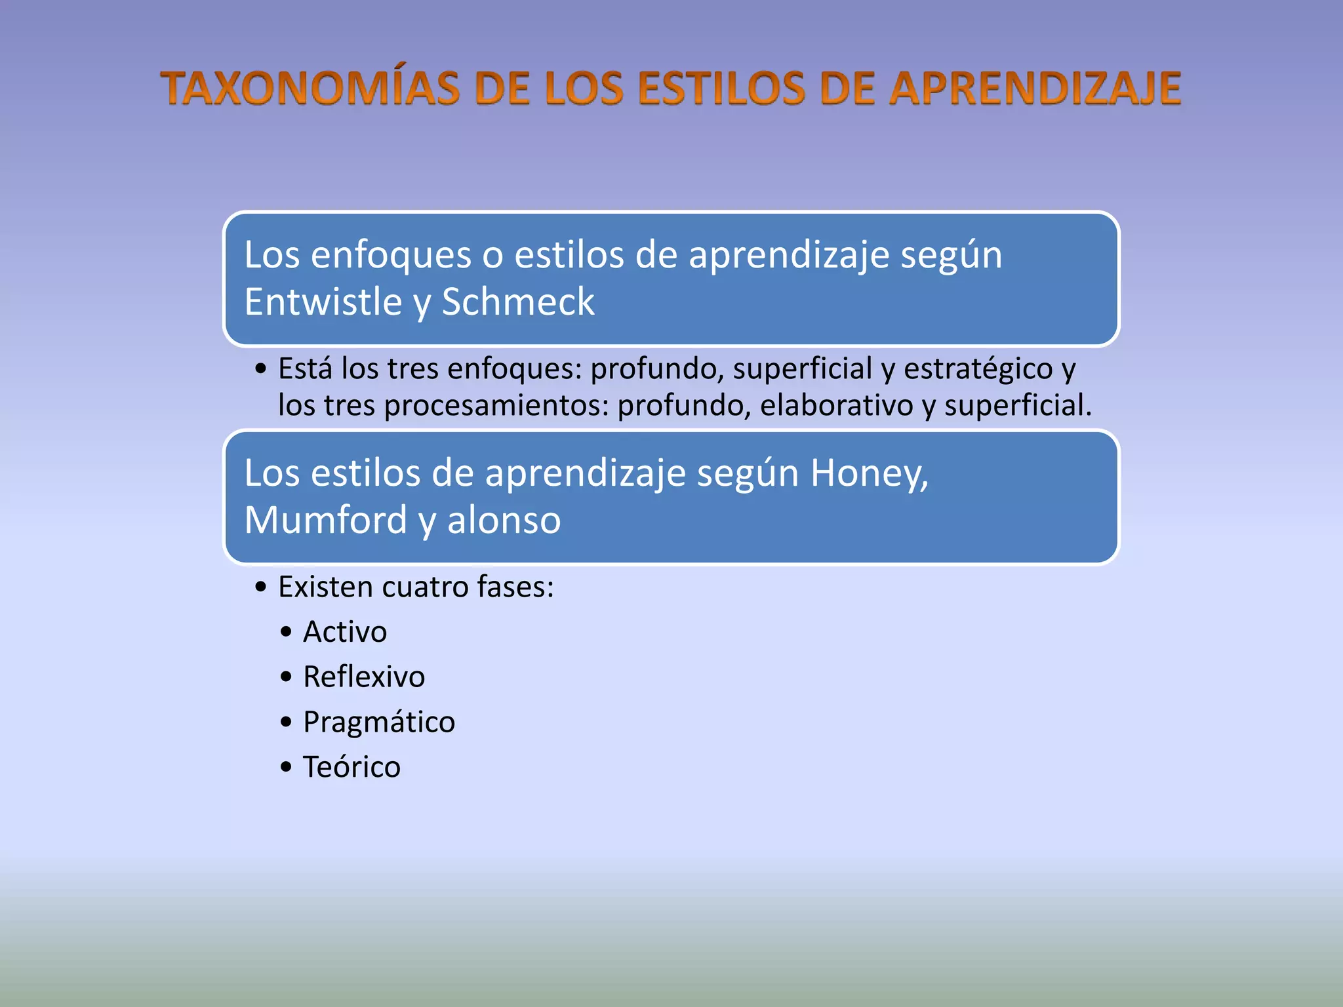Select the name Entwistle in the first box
[323, 302]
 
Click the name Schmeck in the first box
[518, 302]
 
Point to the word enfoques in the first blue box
[391, 255]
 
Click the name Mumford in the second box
[326, 521]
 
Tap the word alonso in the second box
[504, 521]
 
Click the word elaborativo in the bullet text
[837, 405]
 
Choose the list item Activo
[345, 632]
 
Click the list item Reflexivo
[364, 677]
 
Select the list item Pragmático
[379, 722]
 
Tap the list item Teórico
[351, 767]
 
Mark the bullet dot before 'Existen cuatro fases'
[261, 587]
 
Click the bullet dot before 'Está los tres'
[261, 369]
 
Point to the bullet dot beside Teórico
[286, 767]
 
